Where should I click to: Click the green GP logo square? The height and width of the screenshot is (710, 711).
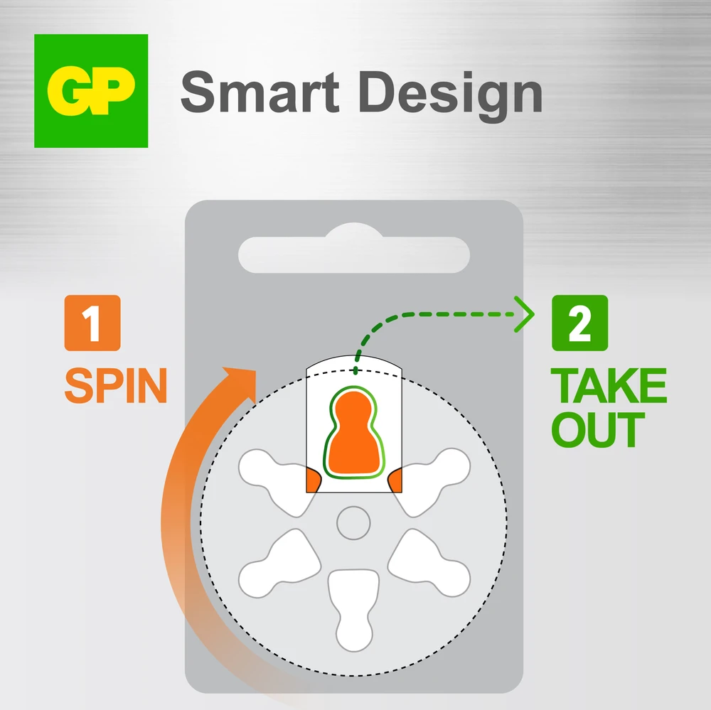[x=91, y=91]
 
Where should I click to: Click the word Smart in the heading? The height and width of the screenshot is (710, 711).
[x=260, y=92]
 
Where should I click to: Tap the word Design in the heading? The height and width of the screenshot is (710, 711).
[x=450, y=97]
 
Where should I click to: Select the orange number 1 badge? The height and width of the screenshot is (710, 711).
[x=92, y=323]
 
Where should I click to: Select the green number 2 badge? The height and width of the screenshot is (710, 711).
[x=579, y=323]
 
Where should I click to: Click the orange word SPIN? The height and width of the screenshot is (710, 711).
[x=116, y=385]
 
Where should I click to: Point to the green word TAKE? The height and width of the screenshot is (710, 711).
[x=609, y=385]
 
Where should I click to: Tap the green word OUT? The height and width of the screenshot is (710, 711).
[x=598, y=429]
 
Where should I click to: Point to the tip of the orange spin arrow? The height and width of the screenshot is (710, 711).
[x=256, y=371]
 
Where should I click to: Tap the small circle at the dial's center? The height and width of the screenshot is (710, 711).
[x=353, y=523]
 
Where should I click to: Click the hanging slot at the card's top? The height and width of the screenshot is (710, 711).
[x=354, y=251]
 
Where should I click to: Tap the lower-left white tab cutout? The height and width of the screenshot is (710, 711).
[x=279, y=564]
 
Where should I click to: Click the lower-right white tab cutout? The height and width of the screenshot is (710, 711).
[x=429, y=564]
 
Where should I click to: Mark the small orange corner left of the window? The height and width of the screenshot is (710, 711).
[x=314, y=480]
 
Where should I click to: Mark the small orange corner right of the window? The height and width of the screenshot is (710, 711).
[x=395, y=480]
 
